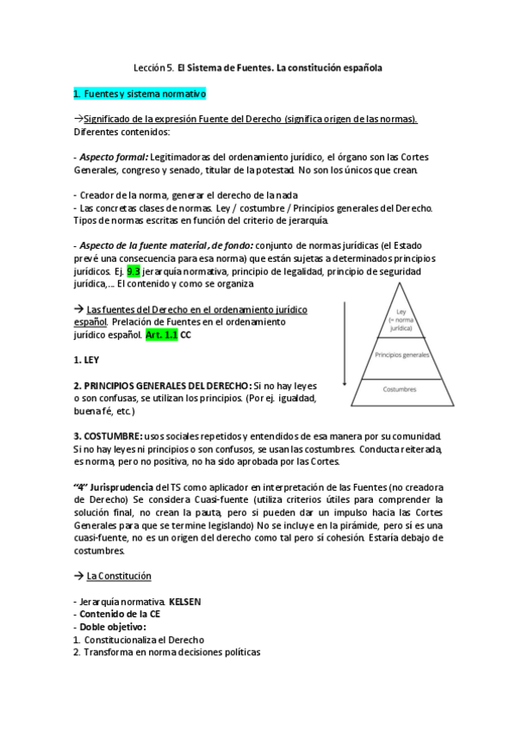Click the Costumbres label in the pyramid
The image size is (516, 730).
(401, 389)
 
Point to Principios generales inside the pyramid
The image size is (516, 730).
(401, 354)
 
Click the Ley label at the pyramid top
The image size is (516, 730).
(401, 311)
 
